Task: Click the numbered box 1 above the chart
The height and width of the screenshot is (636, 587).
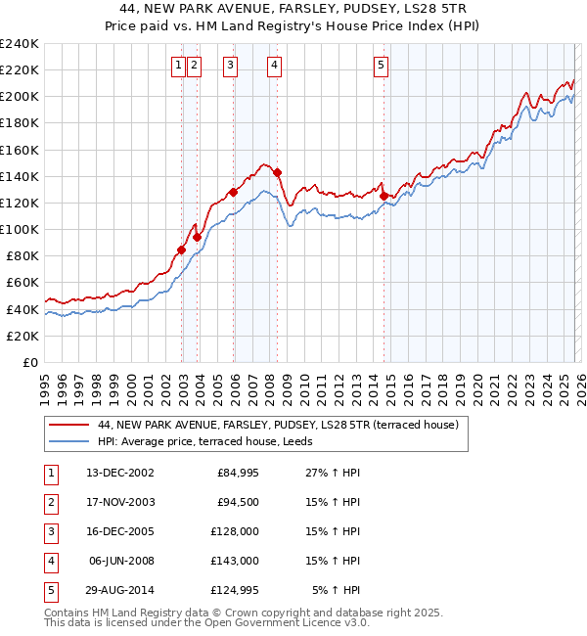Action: coord(178,66)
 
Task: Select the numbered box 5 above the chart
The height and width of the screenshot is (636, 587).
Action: coord(380,66)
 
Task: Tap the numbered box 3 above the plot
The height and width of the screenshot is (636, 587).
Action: coord(230,66)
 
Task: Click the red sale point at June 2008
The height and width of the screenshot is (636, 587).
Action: coord(278,172)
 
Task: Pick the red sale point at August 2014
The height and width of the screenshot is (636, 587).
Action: coord(384,196)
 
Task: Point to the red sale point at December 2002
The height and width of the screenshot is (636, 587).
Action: coord(182,250)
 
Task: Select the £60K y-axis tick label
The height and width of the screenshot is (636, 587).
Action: coord(22,283)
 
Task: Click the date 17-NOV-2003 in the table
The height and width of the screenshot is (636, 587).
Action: coord(120,502)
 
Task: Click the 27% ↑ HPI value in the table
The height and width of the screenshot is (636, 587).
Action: coord(335,473)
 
